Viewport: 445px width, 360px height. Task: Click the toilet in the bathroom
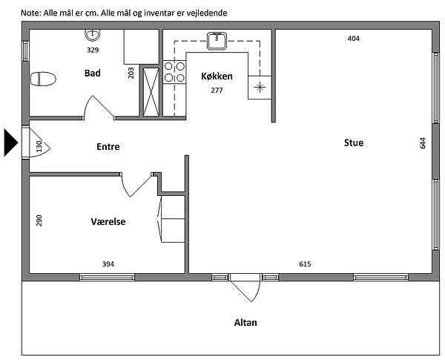click(43, 79)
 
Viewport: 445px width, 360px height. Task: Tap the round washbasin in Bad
click(93, 35)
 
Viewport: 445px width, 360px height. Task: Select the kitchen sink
click(217, 41)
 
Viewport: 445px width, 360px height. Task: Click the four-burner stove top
click(174, 72)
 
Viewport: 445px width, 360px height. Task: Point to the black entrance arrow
click(11, 143)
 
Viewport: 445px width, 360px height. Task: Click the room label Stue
click(354, 143)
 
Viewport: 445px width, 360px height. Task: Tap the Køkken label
click(217, 76)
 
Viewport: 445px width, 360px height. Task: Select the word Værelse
click(108, 222)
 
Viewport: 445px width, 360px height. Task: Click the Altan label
click(245, 322)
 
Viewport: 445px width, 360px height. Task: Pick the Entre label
click(108, 147)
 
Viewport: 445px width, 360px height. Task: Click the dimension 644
click(423, 143)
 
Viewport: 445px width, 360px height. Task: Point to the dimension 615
click(305, 264)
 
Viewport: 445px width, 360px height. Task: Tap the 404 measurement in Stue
click(354, 39)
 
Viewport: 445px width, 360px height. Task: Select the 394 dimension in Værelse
click(108, 264)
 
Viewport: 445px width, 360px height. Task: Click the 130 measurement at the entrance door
click(39, 146)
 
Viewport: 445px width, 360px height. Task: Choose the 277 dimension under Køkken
click(217, 91)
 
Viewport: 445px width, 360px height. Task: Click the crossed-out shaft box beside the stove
click(151, 92)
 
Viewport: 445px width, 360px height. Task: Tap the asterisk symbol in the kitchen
click(260, 88)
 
